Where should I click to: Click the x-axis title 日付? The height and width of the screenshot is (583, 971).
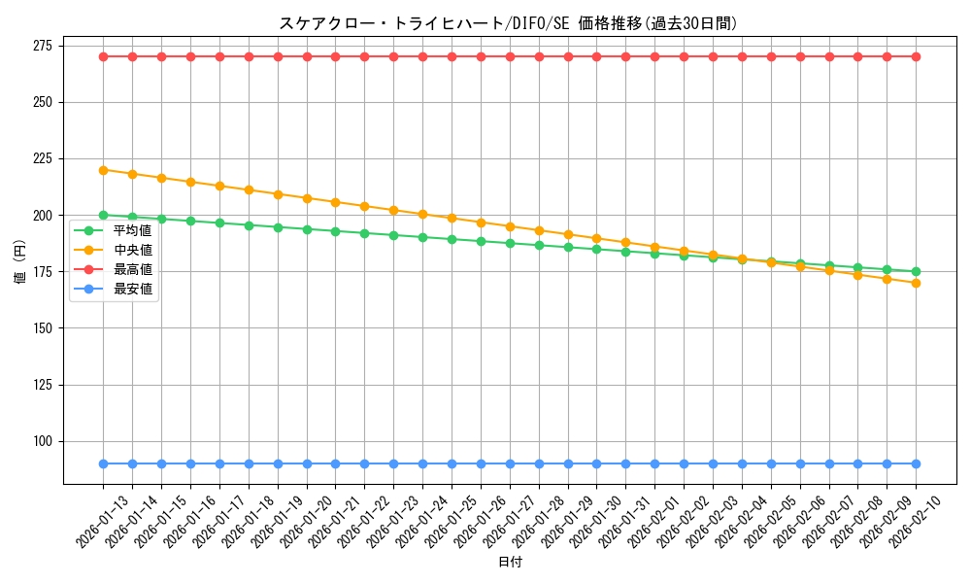[510, 563]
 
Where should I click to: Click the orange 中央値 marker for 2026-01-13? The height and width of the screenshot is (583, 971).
[103, 170]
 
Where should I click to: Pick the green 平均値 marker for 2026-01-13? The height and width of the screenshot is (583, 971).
[103, 215]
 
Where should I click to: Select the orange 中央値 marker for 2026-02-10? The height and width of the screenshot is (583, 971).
[916, 283]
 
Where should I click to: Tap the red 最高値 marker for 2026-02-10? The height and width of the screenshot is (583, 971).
[916, 56]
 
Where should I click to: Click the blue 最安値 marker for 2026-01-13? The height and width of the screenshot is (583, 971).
[103, 463]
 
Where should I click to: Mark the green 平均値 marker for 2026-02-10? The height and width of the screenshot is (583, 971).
[916, 272]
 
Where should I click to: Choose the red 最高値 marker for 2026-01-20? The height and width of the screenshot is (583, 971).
[307, 56]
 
